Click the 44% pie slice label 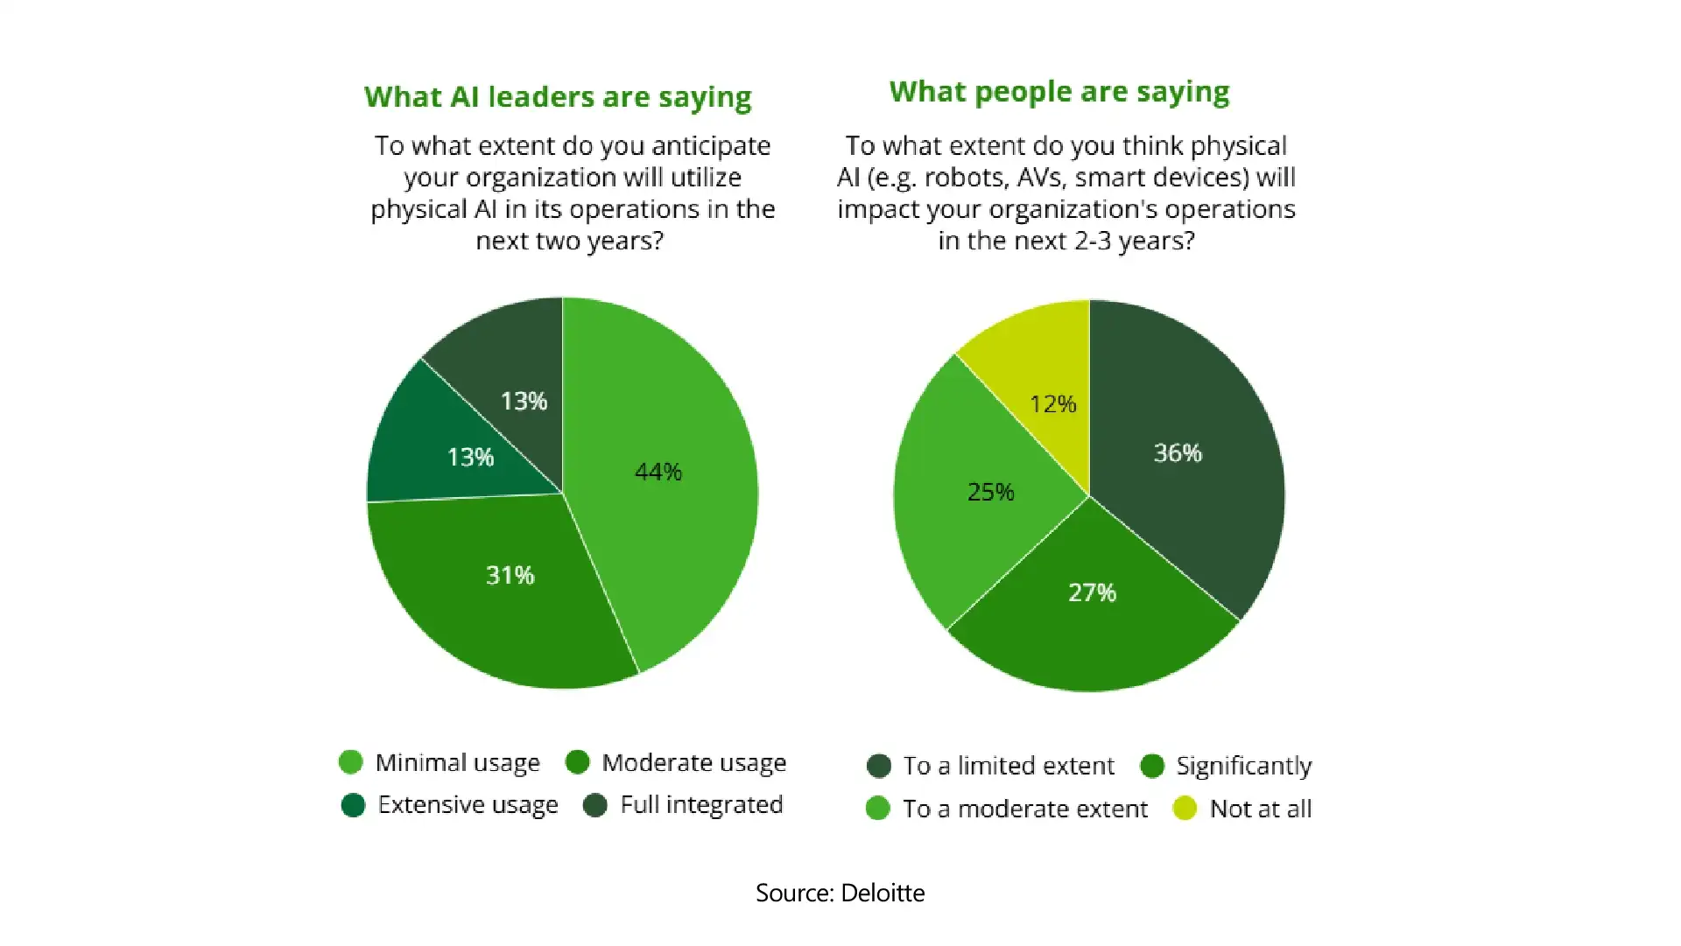pos(658,473)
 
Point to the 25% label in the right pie pos(990,492)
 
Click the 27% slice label pos(1092,593)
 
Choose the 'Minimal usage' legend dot pos(350,762)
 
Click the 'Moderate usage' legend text pos(693,763)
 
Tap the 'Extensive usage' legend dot pos(353,805)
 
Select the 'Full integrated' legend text pos(701,805)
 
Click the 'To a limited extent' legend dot pos(878,767)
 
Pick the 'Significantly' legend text pos(1243,767)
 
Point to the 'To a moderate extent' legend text pos(1024,809)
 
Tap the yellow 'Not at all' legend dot pos(1185,809)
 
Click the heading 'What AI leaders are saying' pos(558,97)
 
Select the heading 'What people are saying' pos(1059,92)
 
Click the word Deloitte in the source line pos(882,893)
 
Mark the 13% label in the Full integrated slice pos(524,402)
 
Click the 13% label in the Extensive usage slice pos(470,458)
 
